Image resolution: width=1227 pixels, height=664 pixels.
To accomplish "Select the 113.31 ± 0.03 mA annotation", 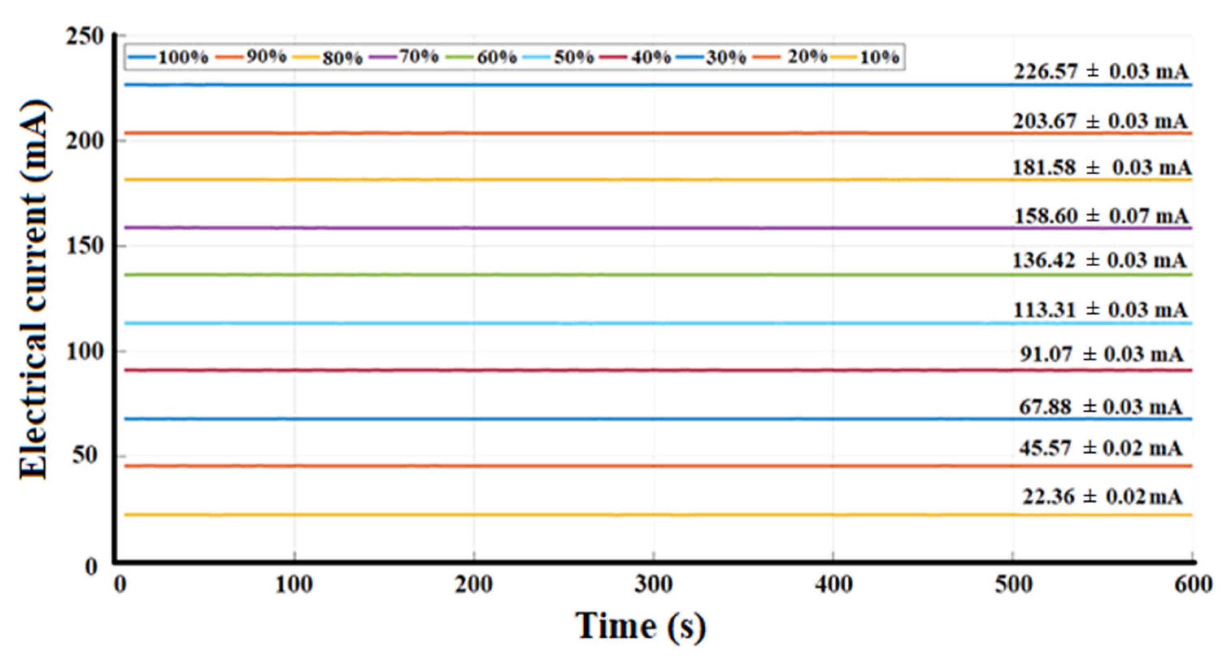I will [x=1100, y=310].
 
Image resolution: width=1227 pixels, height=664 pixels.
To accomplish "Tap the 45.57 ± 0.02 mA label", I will [x=1100, y=448].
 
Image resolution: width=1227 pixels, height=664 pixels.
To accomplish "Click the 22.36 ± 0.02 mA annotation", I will [x=1102, y=497].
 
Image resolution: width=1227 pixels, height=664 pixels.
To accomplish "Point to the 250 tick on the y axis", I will [x=85, y=36].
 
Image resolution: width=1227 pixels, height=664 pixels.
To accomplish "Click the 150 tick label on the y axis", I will [x=85, y=247].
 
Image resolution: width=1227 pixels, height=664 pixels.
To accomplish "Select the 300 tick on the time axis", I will [x=653, y=584].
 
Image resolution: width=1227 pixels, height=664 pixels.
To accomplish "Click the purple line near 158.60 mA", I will [x=572, y=228].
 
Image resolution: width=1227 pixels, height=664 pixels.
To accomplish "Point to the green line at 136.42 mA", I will [x=572, y=275].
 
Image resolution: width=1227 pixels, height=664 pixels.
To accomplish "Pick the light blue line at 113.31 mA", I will [x=572, y=324].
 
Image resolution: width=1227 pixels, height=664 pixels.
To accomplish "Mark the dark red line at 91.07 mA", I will [x=572, y=370].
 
